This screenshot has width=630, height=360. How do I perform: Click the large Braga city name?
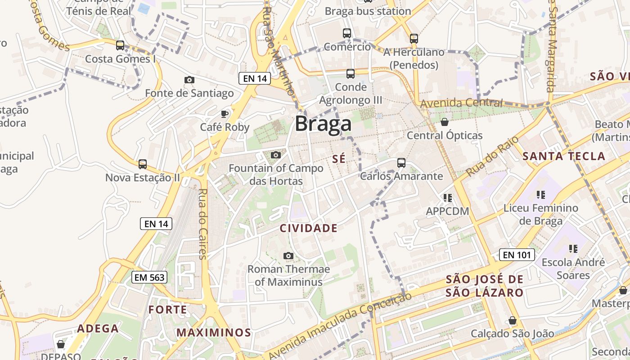[x=323, y=124]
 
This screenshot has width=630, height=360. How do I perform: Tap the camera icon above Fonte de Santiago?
[x=189, y=80]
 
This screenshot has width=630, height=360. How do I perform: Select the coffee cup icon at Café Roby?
[x=225, y=114]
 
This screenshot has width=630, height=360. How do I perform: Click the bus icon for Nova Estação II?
[x=143, y=164]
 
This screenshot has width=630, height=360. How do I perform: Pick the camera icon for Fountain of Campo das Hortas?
[x=276, y=155]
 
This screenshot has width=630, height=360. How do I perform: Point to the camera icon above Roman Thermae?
[x=288, y=256]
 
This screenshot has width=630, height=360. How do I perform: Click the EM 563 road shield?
[x=150, y=277]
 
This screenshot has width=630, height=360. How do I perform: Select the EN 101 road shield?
[x=517, y=255]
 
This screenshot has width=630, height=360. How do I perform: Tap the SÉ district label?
[x=339, y=158]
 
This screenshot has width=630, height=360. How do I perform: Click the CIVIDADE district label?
[x=309, y=228]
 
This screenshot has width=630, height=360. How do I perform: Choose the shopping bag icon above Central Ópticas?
[x=445, y=122]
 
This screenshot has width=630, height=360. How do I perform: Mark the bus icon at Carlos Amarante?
[x=401, y=163]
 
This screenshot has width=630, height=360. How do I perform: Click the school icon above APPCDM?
[x=447, y=198]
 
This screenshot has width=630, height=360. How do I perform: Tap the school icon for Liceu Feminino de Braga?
[x=541, y=195]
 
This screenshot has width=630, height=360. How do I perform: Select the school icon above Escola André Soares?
[x=573, y=249]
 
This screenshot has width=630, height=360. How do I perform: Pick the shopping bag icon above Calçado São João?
[x=512, y=320]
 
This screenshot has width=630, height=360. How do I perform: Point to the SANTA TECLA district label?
[x=564, y=157]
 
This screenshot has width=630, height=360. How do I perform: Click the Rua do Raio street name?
[x=490, y=157]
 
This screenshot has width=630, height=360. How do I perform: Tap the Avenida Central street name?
[x=461, y=103]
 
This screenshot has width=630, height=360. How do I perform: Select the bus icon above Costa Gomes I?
[x=120, y=45]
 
